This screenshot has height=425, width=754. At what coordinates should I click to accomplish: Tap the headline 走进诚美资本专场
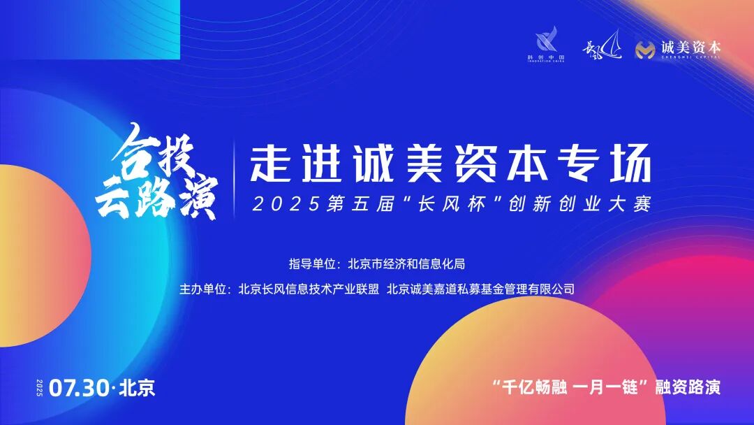[450, 166]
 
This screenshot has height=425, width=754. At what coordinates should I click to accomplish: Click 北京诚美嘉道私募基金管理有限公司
[480, 288]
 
